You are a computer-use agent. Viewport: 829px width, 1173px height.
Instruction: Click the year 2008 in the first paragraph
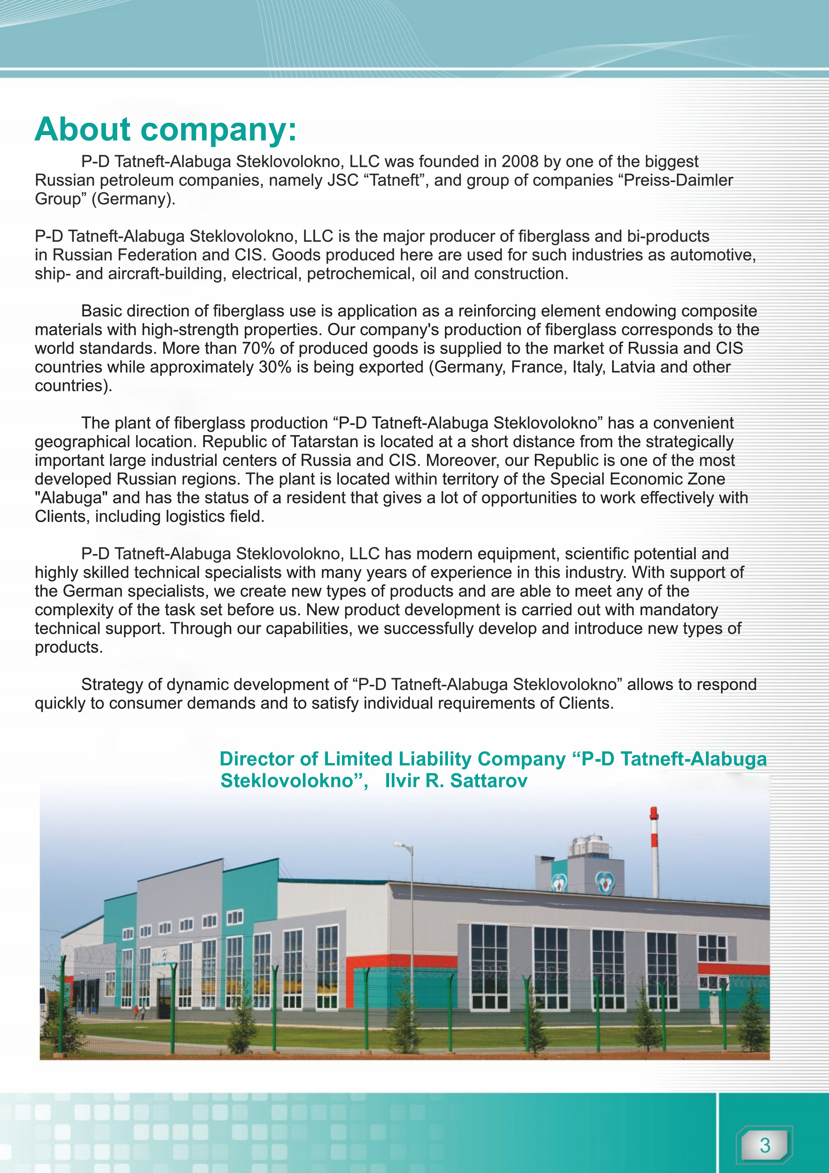pos(519,162)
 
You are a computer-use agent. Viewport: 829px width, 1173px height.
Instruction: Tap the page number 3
pos(764,1145)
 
